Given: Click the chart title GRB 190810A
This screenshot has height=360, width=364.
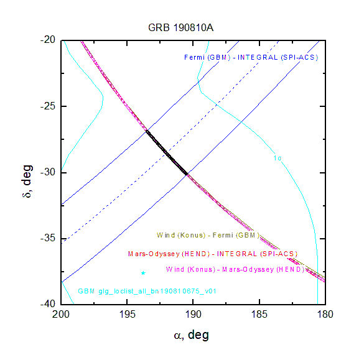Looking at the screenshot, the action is point(180,27).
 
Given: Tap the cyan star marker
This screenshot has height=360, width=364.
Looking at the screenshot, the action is point(143,273).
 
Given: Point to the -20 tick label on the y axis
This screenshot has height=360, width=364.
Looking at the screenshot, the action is point(48,40).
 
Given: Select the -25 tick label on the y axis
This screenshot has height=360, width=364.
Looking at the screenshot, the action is point(48,106).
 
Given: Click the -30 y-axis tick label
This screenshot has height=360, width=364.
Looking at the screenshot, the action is point(48,172).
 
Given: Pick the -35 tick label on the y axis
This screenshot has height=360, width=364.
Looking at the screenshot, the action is point(48,238).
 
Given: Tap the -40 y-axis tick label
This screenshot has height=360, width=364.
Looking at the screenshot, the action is point(48,303).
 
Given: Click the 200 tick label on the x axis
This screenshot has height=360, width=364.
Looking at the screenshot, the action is point(61,315).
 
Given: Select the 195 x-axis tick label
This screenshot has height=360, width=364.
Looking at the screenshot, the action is point(127,315).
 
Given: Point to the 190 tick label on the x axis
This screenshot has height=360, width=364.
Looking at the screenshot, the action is point(193,315).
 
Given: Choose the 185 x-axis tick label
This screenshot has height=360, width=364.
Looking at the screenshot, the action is point(259,315).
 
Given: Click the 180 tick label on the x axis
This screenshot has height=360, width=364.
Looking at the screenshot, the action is point(325,315).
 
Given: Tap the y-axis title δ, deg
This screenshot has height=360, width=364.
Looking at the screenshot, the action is point(27,181).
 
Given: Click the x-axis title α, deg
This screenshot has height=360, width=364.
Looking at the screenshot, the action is point(192,335).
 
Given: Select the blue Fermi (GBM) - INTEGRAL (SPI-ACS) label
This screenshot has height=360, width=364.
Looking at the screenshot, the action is point(251,57).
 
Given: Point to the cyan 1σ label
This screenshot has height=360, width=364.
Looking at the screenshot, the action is point(278,158).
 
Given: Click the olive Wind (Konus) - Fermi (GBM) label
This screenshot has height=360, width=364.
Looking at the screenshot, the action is point(208,235).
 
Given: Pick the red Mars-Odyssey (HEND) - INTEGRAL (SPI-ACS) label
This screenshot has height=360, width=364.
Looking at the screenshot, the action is point(213,254).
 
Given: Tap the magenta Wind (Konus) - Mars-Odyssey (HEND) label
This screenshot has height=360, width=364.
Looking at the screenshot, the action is point(235,270).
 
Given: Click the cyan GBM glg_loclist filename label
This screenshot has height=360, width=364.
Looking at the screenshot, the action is point(147,291).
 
